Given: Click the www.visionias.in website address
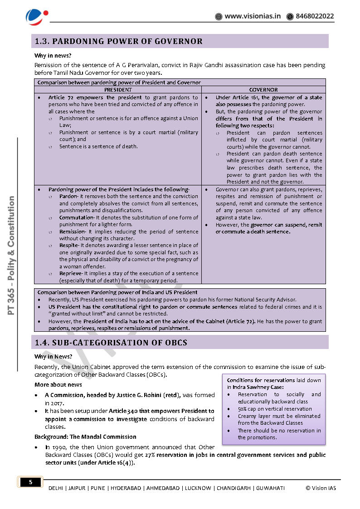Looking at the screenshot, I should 253,16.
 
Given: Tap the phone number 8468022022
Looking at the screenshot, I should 315,16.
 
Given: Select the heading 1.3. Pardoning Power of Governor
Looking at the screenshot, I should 119,41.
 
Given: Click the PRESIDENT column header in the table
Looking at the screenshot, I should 118,90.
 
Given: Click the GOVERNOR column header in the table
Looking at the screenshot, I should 263,90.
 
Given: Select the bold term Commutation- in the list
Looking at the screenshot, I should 76,218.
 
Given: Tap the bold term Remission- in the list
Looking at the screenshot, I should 72,232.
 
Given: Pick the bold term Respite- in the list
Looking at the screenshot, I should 69,246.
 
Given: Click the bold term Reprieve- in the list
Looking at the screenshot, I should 71,274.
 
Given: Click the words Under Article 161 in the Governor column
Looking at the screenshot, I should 237,97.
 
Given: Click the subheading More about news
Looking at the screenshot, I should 58,385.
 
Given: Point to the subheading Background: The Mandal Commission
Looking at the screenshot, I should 85,437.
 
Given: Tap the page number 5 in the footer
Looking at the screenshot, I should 31,482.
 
